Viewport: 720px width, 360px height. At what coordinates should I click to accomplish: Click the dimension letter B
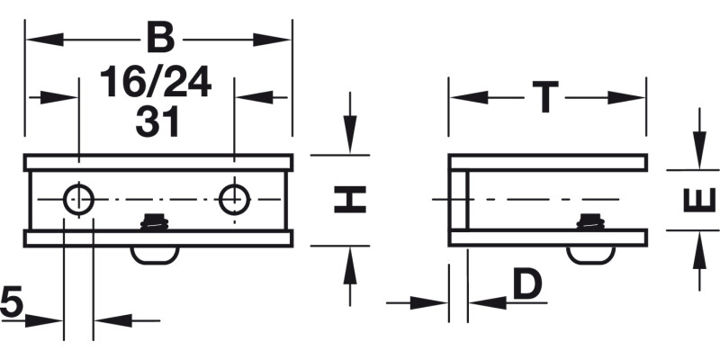pyautogui.click(x=159, y=40)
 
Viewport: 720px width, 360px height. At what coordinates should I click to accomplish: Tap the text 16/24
pyautogui.click(x=156, y=83)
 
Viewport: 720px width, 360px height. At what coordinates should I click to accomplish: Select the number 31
pyautogui.click(x=157, y=121)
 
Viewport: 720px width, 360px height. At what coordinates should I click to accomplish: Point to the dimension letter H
pyautogui.click(x=350, y=199)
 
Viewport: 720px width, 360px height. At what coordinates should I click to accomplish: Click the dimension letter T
pyautogui.click(x=545, y=97)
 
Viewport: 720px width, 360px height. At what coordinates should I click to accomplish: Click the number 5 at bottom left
pyautogui.click(x=11, y=301)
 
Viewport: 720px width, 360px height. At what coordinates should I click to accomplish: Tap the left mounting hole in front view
pyautogui.click(x=78, y=199)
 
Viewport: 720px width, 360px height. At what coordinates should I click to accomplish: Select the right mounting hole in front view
pyautogui.click(x=235, y=199)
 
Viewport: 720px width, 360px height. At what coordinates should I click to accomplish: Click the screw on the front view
pyautogui.click(x=156, y=220)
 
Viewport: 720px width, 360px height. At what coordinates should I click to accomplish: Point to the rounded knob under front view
pyautogui.click(x=155, y=255)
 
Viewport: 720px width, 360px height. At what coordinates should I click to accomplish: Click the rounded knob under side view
pyautogui.click(x=590, y=255)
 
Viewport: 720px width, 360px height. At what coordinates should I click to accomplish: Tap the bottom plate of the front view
pyautogui.click(x=158, y=238)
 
